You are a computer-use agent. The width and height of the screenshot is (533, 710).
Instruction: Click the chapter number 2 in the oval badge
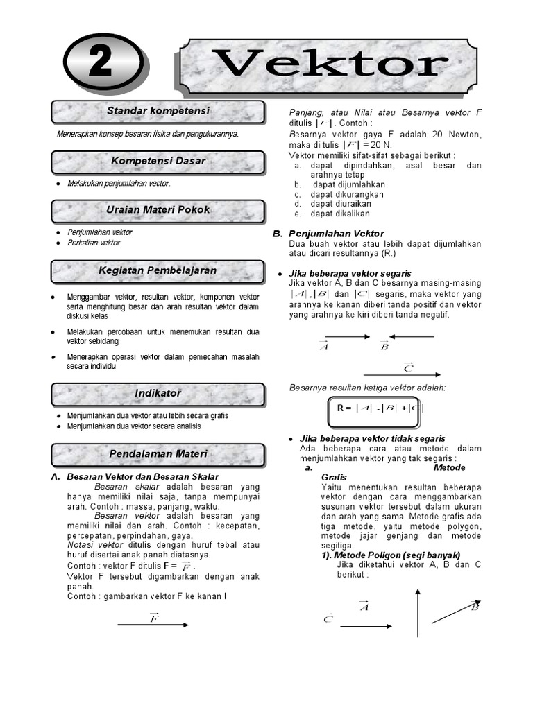tap(103, 65)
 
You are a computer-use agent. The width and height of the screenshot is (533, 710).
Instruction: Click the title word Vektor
tap(330, 65)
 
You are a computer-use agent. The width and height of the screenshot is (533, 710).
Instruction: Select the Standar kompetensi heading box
tap(158, 112)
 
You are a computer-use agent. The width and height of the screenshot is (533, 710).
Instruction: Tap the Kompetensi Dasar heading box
tap(158, 162)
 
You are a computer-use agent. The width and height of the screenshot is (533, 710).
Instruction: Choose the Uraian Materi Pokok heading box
tap(158, 210)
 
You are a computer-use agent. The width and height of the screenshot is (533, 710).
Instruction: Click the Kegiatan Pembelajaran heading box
tap(158, 270)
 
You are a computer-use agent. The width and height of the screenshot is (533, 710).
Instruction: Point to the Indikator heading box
tap(158, 394)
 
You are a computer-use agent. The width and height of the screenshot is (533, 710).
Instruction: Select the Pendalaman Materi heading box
tap(158, 454)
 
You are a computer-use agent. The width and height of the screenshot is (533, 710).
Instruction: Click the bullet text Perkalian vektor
tap(94, 243)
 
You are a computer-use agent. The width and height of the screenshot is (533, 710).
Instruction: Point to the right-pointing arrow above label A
tap(344, 337)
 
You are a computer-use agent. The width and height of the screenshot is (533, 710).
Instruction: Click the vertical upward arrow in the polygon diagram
tap(418, 613)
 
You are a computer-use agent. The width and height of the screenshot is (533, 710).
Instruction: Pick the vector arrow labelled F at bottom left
tap(153, 625)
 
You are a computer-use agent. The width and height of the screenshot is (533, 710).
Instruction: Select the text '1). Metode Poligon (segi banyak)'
tap(391, 555)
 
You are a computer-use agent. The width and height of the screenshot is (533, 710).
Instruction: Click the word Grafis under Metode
tap(334, 478)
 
